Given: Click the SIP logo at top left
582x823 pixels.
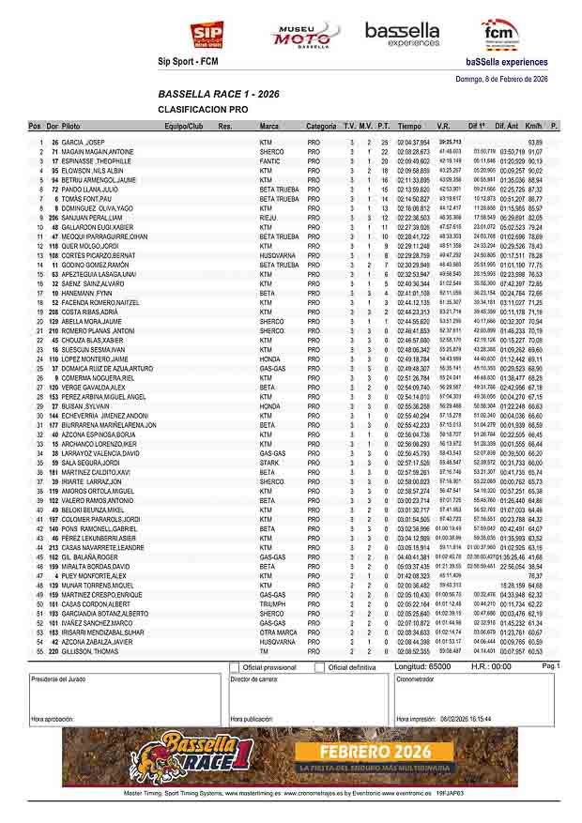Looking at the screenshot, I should [x=207, y=35].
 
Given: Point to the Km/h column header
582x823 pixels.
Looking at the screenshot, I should [x=534, y=126].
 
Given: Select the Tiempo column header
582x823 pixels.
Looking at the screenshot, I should [x=409, y=126].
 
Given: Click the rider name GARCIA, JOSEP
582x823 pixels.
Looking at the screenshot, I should [x=83, y=142].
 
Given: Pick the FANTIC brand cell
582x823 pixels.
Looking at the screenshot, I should [x=270, y=161].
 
